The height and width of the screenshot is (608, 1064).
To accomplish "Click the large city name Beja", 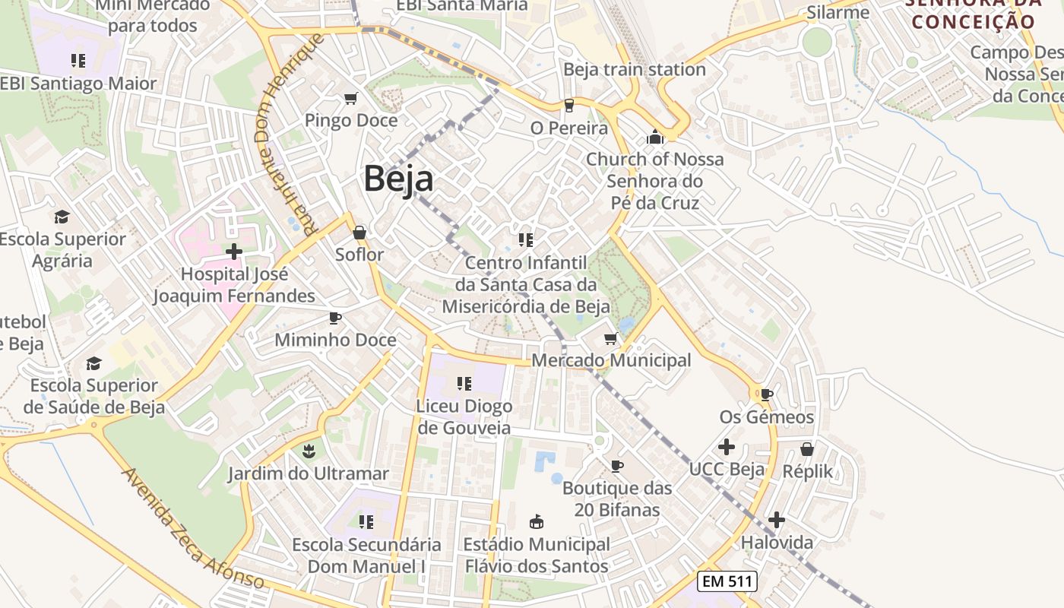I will (398, 179).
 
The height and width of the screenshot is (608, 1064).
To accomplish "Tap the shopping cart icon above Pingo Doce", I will (350, 98).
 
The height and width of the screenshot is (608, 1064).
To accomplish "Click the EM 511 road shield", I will (727, 581).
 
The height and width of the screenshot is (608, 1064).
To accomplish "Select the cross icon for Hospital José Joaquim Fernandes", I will (234, 251).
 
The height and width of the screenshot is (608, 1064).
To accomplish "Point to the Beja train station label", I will (634, 69).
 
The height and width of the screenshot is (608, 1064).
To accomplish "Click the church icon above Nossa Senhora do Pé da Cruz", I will (654, 138).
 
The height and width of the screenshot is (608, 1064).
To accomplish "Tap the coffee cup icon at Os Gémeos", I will (766, 394).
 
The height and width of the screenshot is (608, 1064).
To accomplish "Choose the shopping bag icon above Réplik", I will (807, 449).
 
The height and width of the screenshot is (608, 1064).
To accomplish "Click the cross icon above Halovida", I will (776, 520).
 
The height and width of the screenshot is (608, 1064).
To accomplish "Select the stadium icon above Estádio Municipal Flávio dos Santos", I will (537, 521).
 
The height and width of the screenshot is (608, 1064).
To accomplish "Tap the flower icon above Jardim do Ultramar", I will (309, 451).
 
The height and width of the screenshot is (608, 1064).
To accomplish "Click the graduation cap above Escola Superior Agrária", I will (62, 217).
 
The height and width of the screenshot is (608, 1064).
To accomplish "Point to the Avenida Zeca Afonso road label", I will (193, 529).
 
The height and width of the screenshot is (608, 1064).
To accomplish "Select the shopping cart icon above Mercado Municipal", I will (610, 338).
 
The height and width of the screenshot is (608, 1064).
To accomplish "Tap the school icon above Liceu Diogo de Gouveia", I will (463, 384).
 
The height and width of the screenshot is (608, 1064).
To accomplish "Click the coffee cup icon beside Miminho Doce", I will (334, 318).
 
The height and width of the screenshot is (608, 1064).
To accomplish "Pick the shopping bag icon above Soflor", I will (359, 232).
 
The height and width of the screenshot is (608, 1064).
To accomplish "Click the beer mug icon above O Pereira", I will (568, 106).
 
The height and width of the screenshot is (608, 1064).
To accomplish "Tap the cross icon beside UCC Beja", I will (727, 446).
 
